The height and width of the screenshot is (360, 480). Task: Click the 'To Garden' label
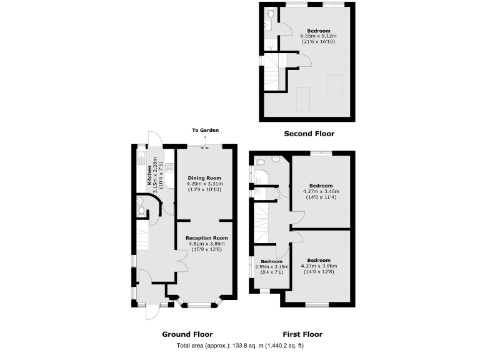pyautogui.click(x=205, y=130)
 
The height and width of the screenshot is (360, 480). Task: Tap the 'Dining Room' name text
pyautogui.click(x=205, y=177)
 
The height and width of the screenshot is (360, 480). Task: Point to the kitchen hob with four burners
pyautogui.click(x=169, y=167)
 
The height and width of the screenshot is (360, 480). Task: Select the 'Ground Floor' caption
pyautogui.click(x=187, y=334)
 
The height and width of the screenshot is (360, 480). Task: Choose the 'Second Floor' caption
pyautogui.click(x=309, y=133)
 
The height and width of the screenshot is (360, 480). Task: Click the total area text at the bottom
pyautogui.click(x=240, y=346)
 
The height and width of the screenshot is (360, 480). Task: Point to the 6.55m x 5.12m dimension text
pyautogui.click(x=317, y=36)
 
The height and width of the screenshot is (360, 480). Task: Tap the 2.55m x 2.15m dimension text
pyautogui.click(x=272, y=266)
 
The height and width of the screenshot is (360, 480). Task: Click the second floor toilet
pyautogui.click(x=270, y=12)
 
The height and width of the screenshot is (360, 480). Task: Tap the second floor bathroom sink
pyautogui.click(x=267, y=26)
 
